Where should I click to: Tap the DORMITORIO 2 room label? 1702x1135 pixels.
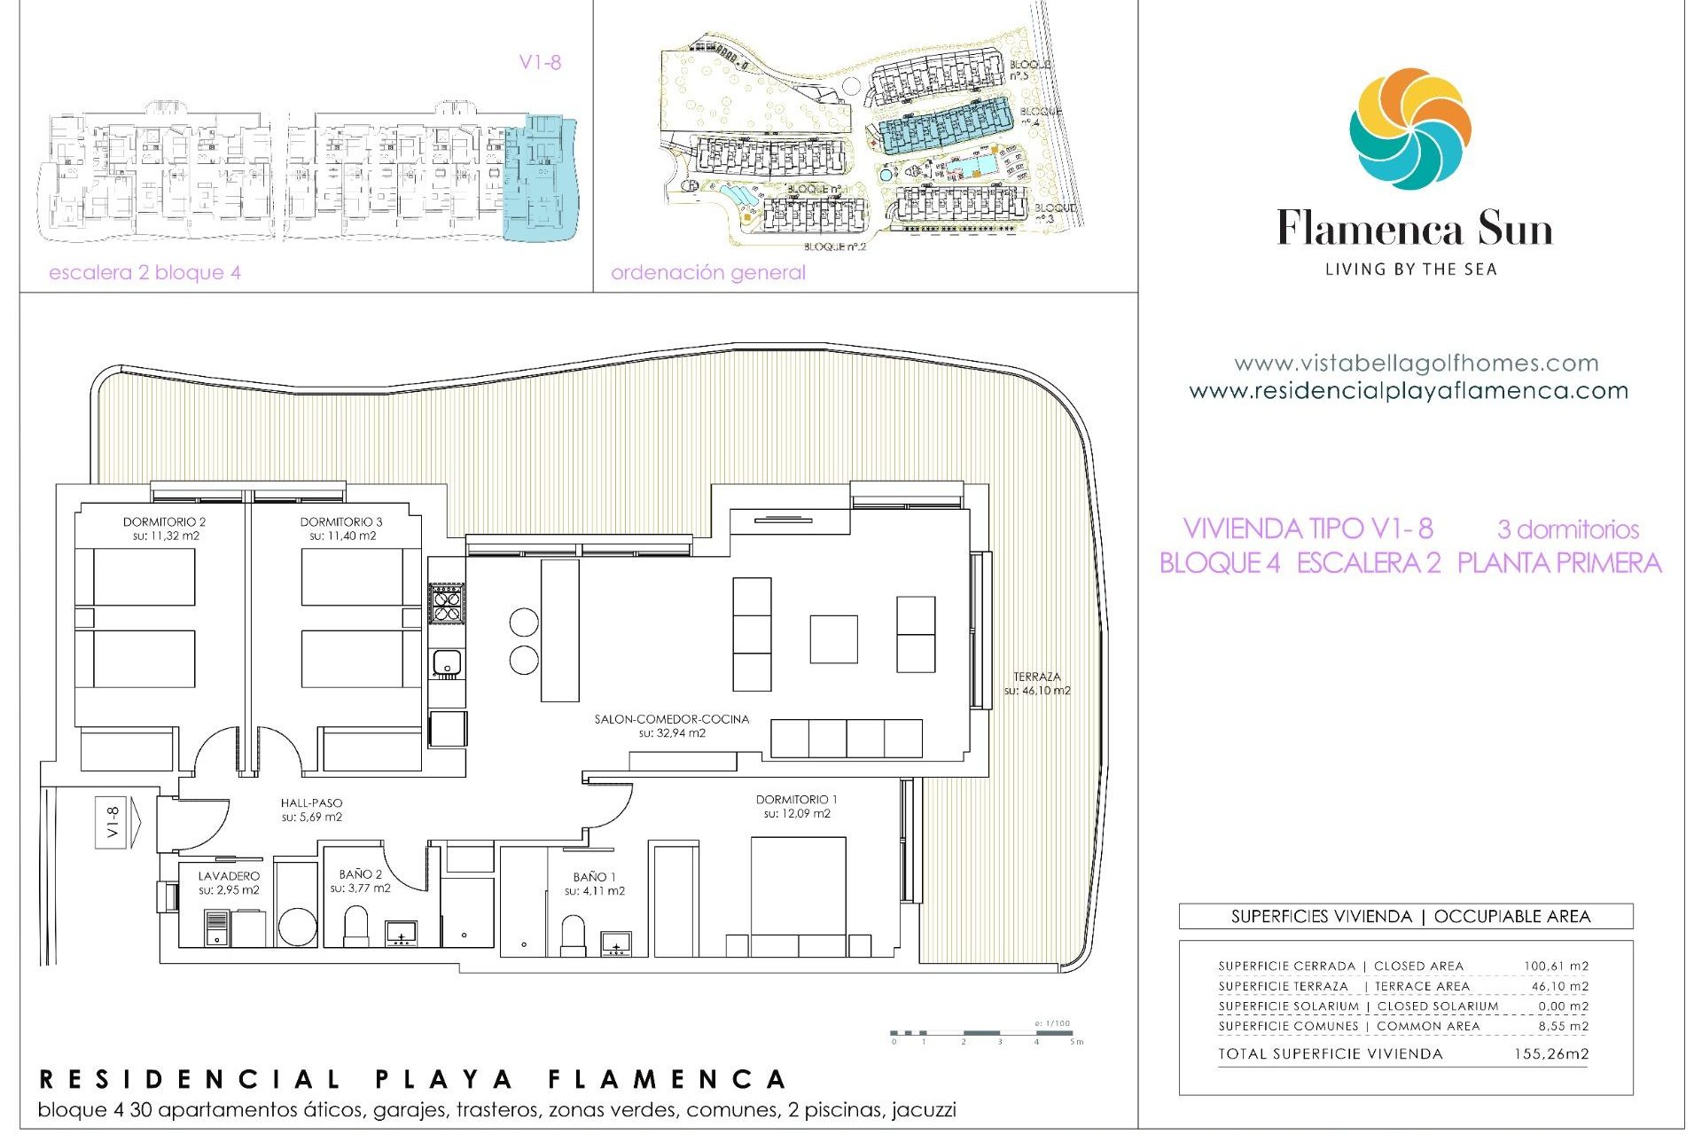pos(164,522)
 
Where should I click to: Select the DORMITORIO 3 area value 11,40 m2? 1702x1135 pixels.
pos(342,536)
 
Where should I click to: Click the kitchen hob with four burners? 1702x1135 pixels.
pos(447,603)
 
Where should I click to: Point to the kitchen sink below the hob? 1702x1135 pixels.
pos(446,662)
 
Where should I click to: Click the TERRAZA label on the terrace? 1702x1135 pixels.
pos(1036,677)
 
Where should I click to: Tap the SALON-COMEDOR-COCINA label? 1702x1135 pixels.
pos(671,719)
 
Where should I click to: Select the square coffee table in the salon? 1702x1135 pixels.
pos(833,639)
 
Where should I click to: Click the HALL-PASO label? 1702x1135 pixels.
pos(311,803)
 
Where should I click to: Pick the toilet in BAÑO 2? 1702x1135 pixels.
pos(355,925)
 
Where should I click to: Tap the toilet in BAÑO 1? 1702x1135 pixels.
pos(574,934)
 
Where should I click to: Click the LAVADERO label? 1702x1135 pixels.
pos(229,876)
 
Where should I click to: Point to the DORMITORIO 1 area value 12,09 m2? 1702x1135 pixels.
pos(796,814)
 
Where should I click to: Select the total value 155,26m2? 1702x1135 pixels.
pos(1550,1054)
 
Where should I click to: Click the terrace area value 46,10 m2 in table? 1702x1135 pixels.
pos(1559,986)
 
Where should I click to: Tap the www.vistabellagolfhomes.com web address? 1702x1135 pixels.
pos(1416,363)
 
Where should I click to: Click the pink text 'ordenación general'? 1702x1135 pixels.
pos(707,272)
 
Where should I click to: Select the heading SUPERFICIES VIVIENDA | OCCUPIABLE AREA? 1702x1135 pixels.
pos(1409,917)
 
